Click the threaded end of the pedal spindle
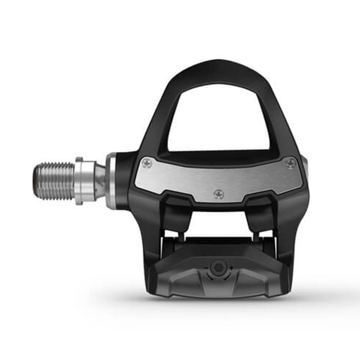54,181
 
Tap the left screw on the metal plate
147,164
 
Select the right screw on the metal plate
290,163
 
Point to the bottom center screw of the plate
219,194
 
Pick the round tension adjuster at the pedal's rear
218,267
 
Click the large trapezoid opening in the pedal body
219,119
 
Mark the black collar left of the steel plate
123,180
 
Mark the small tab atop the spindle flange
79,159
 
